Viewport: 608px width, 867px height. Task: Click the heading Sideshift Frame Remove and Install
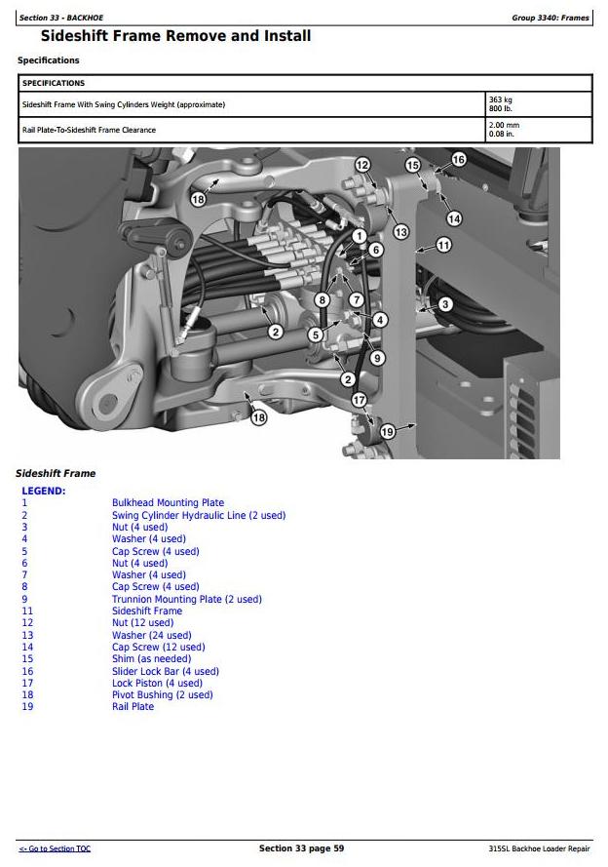175,37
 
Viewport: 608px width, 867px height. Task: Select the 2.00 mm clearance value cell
504,130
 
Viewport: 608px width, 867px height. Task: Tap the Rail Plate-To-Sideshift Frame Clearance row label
89,130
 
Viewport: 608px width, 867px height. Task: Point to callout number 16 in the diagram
458,159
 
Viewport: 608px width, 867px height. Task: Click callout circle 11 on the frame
443,245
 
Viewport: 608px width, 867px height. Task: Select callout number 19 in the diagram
387,431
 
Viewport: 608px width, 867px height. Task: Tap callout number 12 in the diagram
362,165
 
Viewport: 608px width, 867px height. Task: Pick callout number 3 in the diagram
445,304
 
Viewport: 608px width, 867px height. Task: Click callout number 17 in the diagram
359,400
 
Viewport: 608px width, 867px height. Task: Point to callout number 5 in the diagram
315,335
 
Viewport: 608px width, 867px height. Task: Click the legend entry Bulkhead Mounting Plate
168,503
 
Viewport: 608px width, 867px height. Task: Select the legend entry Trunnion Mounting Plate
186,599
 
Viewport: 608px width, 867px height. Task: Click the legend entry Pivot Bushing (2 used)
162,695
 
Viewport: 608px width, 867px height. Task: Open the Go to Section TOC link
55,848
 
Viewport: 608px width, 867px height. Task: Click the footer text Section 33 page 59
301,848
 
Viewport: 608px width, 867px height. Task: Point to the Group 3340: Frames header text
550,18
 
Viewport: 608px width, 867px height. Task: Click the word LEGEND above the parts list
43,491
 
